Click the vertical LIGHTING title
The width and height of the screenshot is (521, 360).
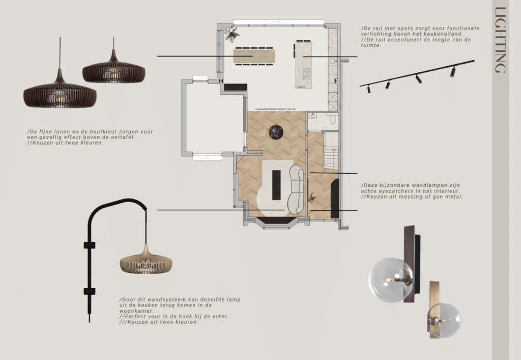click(500, 40)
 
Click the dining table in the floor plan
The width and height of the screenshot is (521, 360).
click(253, 54)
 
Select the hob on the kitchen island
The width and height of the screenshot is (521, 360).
click(306, 73)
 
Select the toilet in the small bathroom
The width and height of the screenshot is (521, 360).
click(332, 119)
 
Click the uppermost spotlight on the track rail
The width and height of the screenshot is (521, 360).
click(452, 72)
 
